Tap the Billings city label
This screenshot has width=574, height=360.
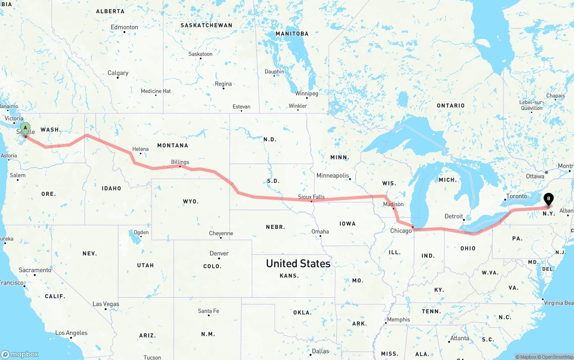pos(180,162)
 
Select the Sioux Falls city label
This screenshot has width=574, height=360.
pos(311,197)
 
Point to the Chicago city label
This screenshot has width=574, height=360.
pos(400,231)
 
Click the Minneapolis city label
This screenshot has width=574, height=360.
pos(332,175)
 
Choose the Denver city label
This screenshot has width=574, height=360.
pos(219,253)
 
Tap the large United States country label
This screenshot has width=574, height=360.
pos(298,263)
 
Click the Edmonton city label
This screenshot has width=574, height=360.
pos(124,27)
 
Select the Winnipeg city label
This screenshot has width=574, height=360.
pos(306,94)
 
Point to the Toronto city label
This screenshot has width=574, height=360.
pos(516,196)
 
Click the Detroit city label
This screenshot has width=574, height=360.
pos(453,217)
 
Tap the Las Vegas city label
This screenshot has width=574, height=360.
pos(106,304)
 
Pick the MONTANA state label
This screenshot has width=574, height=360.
pos(173,145)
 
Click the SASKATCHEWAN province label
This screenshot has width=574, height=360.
pos(206,25)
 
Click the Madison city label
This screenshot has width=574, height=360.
pos(393,204)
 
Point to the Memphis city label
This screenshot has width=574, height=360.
pos(398,320)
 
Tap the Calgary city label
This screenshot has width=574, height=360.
pos(118,73)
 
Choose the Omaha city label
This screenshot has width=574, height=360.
pos(320,232)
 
